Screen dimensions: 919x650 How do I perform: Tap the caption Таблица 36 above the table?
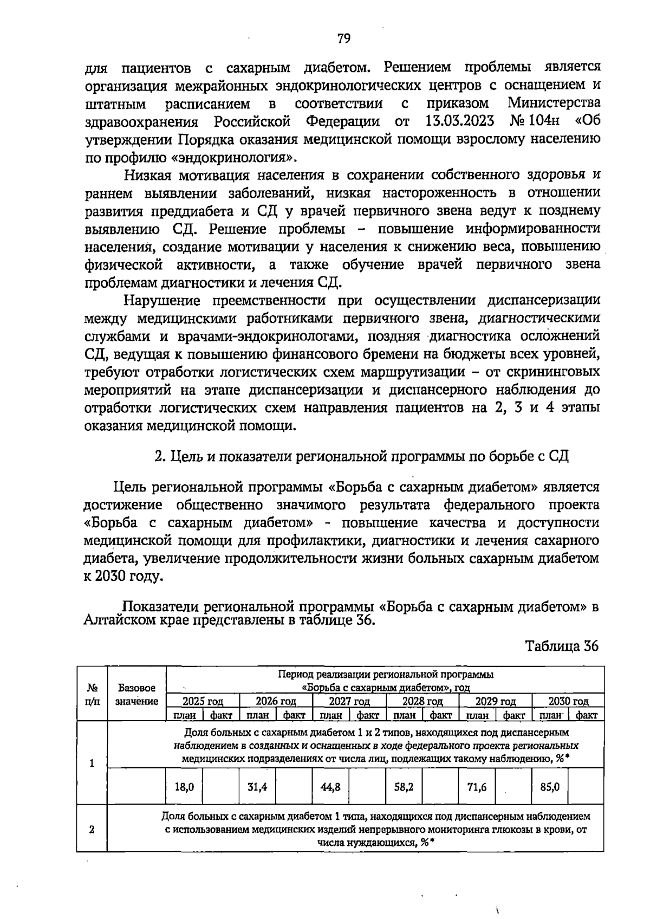pyautogui.click(x=562, y=646)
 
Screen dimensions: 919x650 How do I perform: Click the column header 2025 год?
pyautogui.click(x=203, y=701)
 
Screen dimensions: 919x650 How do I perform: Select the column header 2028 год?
pyautogui.click(x=422, y=701)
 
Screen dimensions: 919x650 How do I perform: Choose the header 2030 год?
pyautogui.click(x=568, y=701)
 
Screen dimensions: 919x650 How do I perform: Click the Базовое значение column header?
pyautogui.click(x=137, y=695)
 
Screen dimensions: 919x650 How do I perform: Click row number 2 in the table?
pyautogui.click(x=92, y=830)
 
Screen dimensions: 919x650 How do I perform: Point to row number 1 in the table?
pyautogui.click(x=92, y=763)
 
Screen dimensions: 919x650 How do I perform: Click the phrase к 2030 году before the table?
pyautogui.click(x=123, y=576)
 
